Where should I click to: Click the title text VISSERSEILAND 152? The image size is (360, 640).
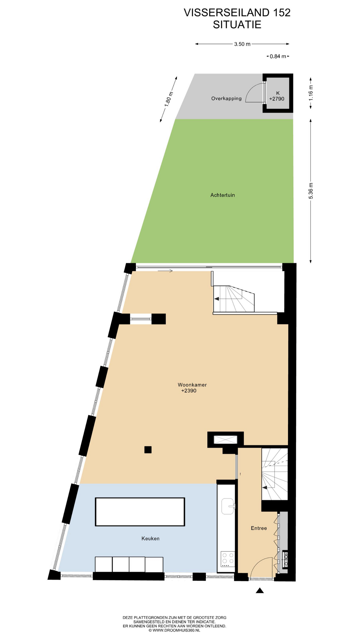[237, 13]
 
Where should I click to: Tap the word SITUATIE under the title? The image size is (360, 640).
[237, 25]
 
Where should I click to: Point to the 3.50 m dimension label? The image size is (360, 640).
[242, 44]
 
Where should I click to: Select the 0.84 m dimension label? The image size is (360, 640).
[278, 56]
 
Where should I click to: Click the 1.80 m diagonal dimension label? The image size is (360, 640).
[169, 99]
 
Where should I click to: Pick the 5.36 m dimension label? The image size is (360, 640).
[311, 191]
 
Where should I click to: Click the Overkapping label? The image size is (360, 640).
[226, 98]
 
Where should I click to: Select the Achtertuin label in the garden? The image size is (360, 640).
[223, 195]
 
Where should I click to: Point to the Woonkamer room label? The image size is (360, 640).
[192, 385]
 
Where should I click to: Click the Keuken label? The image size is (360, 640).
[150, 538]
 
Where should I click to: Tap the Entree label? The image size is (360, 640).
[259, 528]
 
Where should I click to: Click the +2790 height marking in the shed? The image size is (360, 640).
[277, 99]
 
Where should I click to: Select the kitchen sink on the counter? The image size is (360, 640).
[228, 506]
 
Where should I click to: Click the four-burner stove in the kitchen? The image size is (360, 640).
[228, 560]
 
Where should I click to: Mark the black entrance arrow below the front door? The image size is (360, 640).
[260, 590]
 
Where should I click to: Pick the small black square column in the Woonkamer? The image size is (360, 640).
[148, 450]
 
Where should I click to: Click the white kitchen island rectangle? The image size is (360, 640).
[140, 512]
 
